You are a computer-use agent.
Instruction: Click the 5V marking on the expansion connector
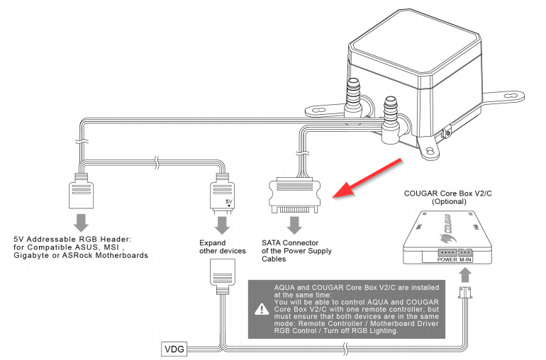pos(228,201)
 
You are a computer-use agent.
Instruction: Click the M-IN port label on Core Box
pos(465,259)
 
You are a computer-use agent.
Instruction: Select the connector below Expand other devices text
pos(222,274)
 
